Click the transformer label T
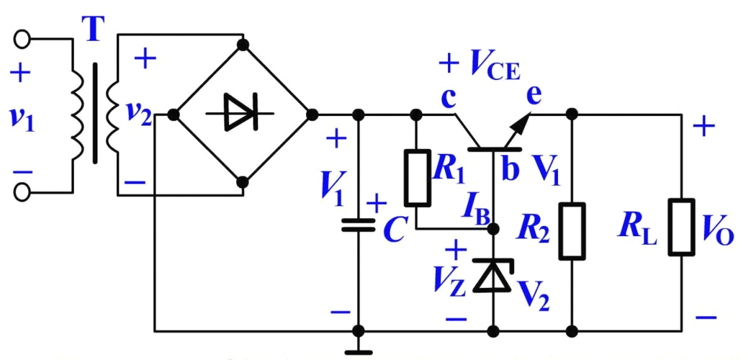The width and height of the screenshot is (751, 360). (91, 30)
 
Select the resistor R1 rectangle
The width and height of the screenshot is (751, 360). (417, 177)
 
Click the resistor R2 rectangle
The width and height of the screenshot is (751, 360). (572, 230)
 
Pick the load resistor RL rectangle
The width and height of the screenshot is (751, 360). (680, 227)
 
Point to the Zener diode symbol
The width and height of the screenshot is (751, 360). (493, 276)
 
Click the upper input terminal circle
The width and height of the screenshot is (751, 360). (22, 38)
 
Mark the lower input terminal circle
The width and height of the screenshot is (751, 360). (22, 192)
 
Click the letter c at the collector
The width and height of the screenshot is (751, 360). (448, 99)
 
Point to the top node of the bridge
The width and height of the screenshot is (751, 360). (243, 45)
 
